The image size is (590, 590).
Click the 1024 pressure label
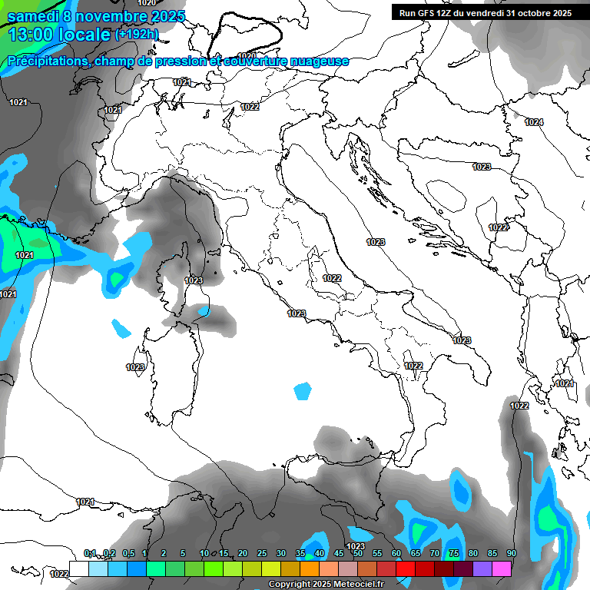(534, 122)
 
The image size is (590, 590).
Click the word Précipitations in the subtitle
(48, 61)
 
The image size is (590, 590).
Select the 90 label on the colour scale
(511, 553)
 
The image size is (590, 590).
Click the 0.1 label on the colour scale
(90, 553)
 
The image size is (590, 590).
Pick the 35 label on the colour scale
(300, 553)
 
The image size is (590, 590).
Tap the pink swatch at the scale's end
(502, 568)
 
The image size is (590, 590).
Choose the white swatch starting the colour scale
(78, 568)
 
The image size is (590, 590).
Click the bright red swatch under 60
(405, 568)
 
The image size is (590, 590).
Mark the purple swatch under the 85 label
(482, 568)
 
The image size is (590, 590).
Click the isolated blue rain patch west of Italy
(303, 391)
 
